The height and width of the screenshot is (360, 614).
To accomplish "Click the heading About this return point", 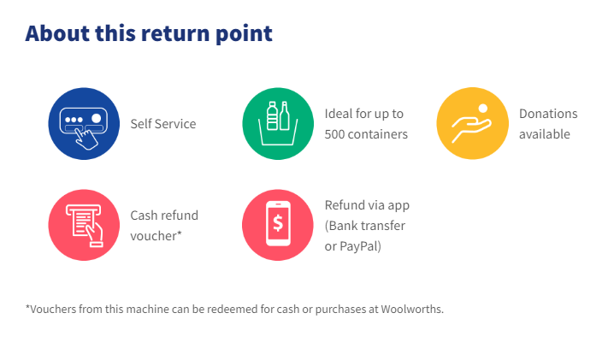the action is (149, 33).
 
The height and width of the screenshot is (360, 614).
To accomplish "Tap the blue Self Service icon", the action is (84, 124).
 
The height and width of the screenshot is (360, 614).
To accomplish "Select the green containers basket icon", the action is (278, 124).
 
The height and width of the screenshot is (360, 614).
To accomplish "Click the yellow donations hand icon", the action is (472, 123).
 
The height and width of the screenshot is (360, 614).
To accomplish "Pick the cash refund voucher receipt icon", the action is (84, 225).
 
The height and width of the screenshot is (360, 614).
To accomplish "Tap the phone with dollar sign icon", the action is (278, 225).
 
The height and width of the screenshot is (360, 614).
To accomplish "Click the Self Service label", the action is (163, 124).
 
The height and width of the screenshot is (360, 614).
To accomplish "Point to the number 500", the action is (334, 134).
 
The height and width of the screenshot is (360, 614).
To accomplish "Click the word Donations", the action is (548, 114).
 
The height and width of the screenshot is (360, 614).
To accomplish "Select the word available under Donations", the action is (545, 134).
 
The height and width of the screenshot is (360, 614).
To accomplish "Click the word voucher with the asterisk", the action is (156, 236).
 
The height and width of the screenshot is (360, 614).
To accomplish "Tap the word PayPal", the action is (360, 246).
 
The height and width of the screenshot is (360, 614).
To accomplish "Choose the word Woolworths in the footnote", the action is (412, 309).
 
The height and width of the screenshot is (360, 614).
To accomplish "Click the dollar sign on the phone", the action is (278, 223).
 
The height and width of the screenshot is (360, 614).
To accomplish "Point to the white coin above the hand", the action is (483, 108).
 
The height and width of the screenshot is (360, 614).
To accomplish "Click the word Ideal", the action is (334, 114).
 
